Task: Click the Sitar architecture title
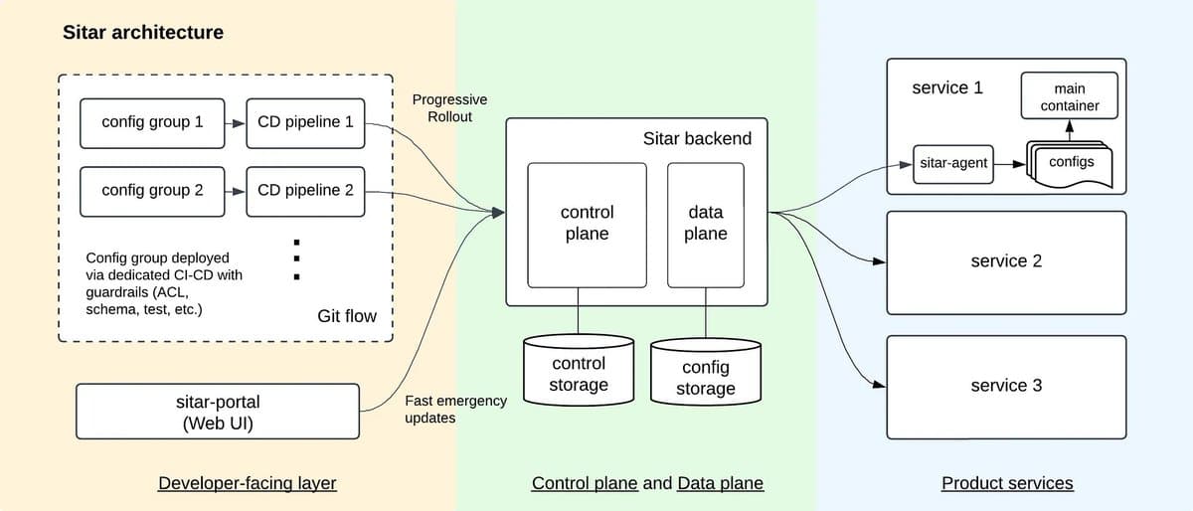click(143, 32)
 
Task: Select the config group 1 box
click(152, 122)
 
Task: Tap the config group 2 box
click(152, 190)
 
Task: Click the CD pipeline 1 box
click(305, 122)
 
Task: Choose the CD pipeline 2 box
click(305, 190)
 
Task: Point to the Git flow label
click(346, 316)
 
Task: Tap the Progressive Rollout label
click(449, 108)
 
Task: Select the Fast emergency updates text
click(455, 409)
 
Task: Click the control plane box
click(587, 224)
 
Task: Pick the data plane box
click(706, 224)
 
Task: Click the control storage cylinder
click(578, 372)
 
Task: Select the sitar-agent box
click(953, 164)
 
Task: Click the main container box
click(1070, 96)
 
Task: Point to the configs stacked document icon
click(1069, 164)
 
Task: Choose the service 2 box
click(1006, 261)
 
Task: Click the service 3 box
click(1006, 386)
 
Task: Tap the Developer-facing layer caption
click(248, 484)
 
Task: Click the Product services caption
click(1007, 484)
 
